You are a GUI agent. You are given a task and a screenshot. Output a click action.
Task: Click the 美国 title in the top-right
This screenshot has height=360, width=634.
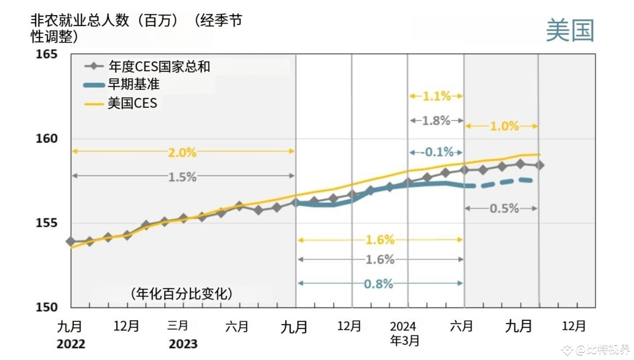pos(570,31)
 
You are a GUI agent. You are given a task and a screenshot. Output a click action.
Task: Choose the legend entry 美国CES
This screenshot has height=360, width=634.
pos(132,103)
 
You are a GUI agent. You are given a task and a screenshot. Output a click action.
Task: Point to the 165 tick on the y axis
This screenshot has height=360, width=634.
pos(47,54)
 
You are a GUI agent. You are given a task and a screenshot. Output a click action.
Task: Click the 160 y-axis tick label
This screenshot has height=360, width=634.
pos(47,139)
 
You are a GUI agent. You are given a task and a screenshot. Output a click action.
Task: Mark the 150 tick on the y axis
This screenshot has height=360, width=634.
pos(47,307)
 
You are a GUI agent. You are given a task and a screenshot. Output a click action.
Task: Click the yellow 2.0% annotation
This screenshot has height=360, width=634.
pos(182,152)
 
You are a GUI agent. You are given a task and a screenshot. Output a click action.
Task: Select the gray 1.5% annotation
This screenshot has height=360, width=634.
pos(182,176)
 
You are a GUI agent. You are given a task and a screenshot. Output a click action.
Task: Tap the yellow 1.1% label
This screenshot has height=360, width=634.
pos(436,96)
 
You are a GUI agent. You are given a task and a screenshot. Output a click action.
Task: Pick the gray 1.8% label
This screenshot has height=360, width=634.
pos(436,121)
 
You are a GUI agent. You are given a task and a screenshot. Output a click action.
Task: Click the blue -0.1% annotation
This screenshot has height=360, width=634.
pos(436,152)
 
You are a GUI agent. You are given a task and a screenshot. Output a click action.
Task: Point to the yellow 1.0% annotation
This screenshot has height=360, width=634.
pos(504,126)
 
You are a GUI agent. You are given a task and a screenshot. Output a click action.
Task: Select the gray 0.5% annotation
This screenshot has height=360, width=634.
pos(504,209)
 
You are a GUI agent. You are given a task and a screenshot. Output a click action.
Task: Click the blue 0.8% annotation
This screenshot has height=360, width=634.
pos(379,284)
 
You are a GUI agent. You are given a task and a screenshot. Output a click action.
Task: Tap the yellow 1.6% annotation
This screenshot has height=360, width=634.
pos(380,240)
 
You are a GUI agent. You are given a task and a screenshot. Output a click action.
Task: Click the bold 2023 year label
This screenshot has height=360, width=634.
pos(183,344)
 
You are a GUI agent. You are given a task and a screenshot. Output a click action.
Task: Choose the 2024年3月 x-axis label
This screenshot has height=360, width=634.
pos(404,334)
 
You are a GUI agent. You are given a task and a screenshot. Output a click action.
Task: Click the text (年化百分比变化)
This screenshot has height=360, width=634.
pos(181,293)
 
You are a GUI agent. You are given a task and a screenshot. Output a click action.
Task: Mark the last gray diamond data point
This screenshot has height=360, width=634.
pos(539,165)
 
